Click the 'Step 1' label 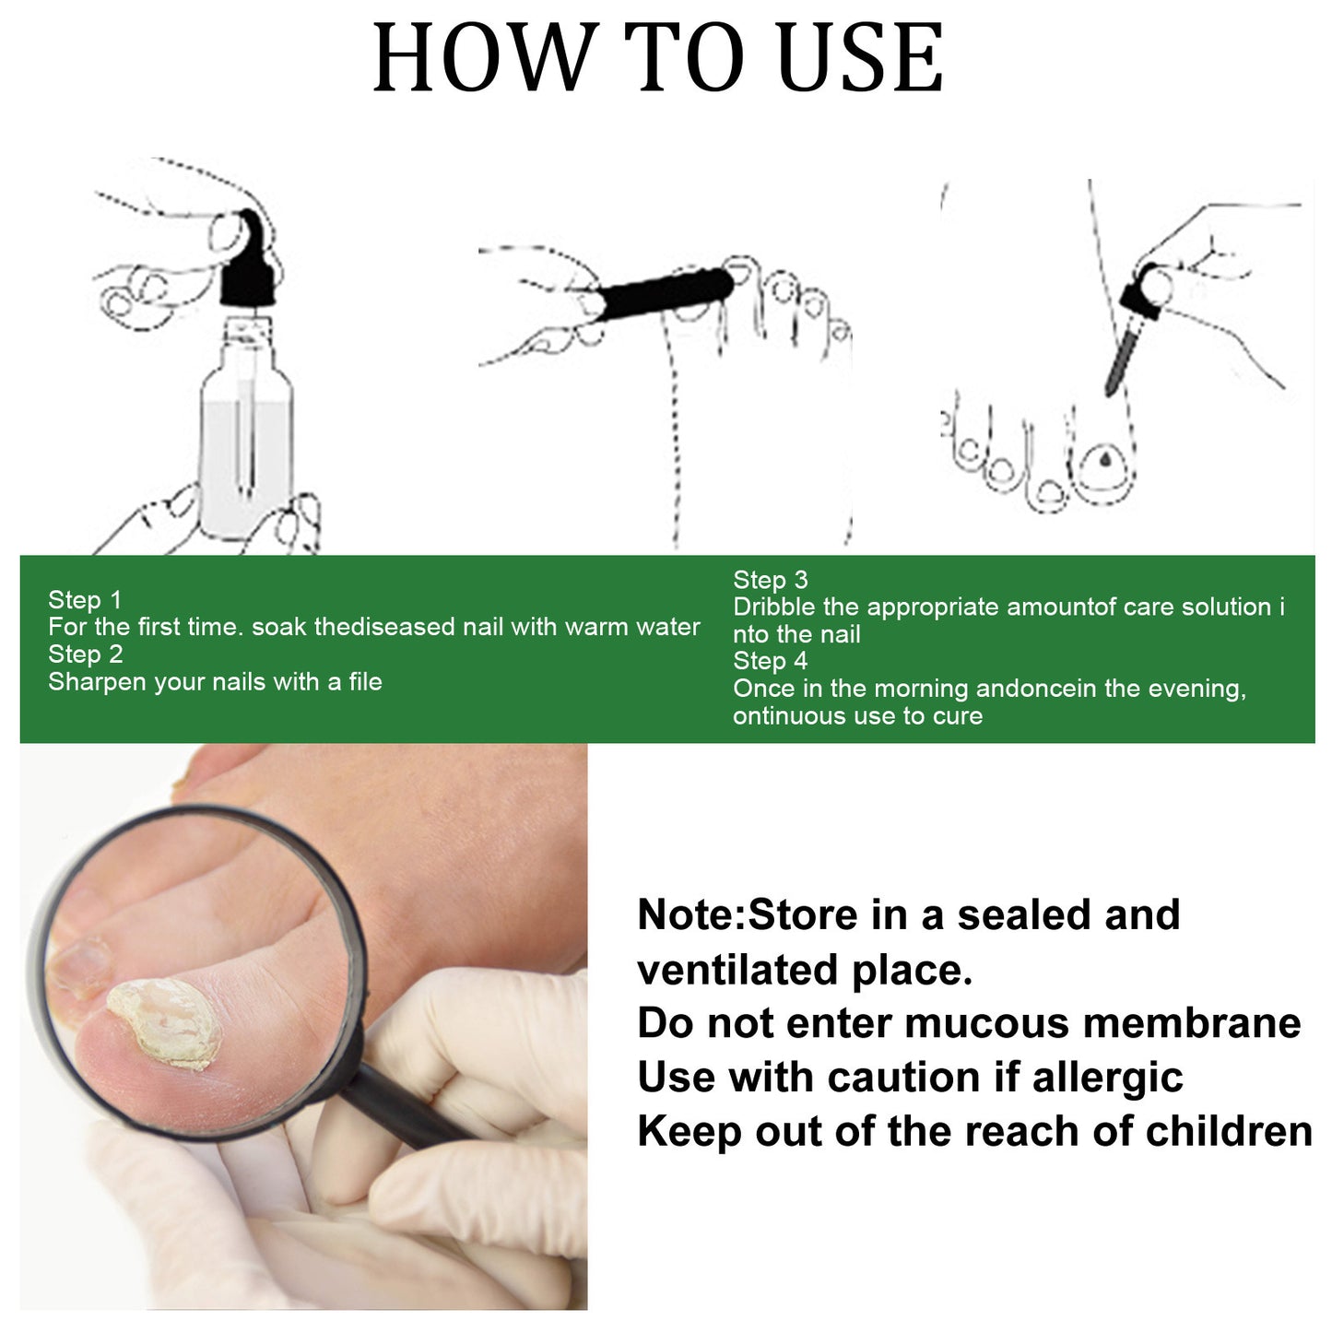pos(85,600)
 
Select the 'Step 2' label pos(85,654)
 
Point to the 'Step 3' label pos(770,580)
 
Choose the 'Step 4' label pos(770,661)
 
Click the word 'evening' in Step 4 pos(1199,690)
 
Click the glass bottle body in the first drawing pos(247,442)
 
